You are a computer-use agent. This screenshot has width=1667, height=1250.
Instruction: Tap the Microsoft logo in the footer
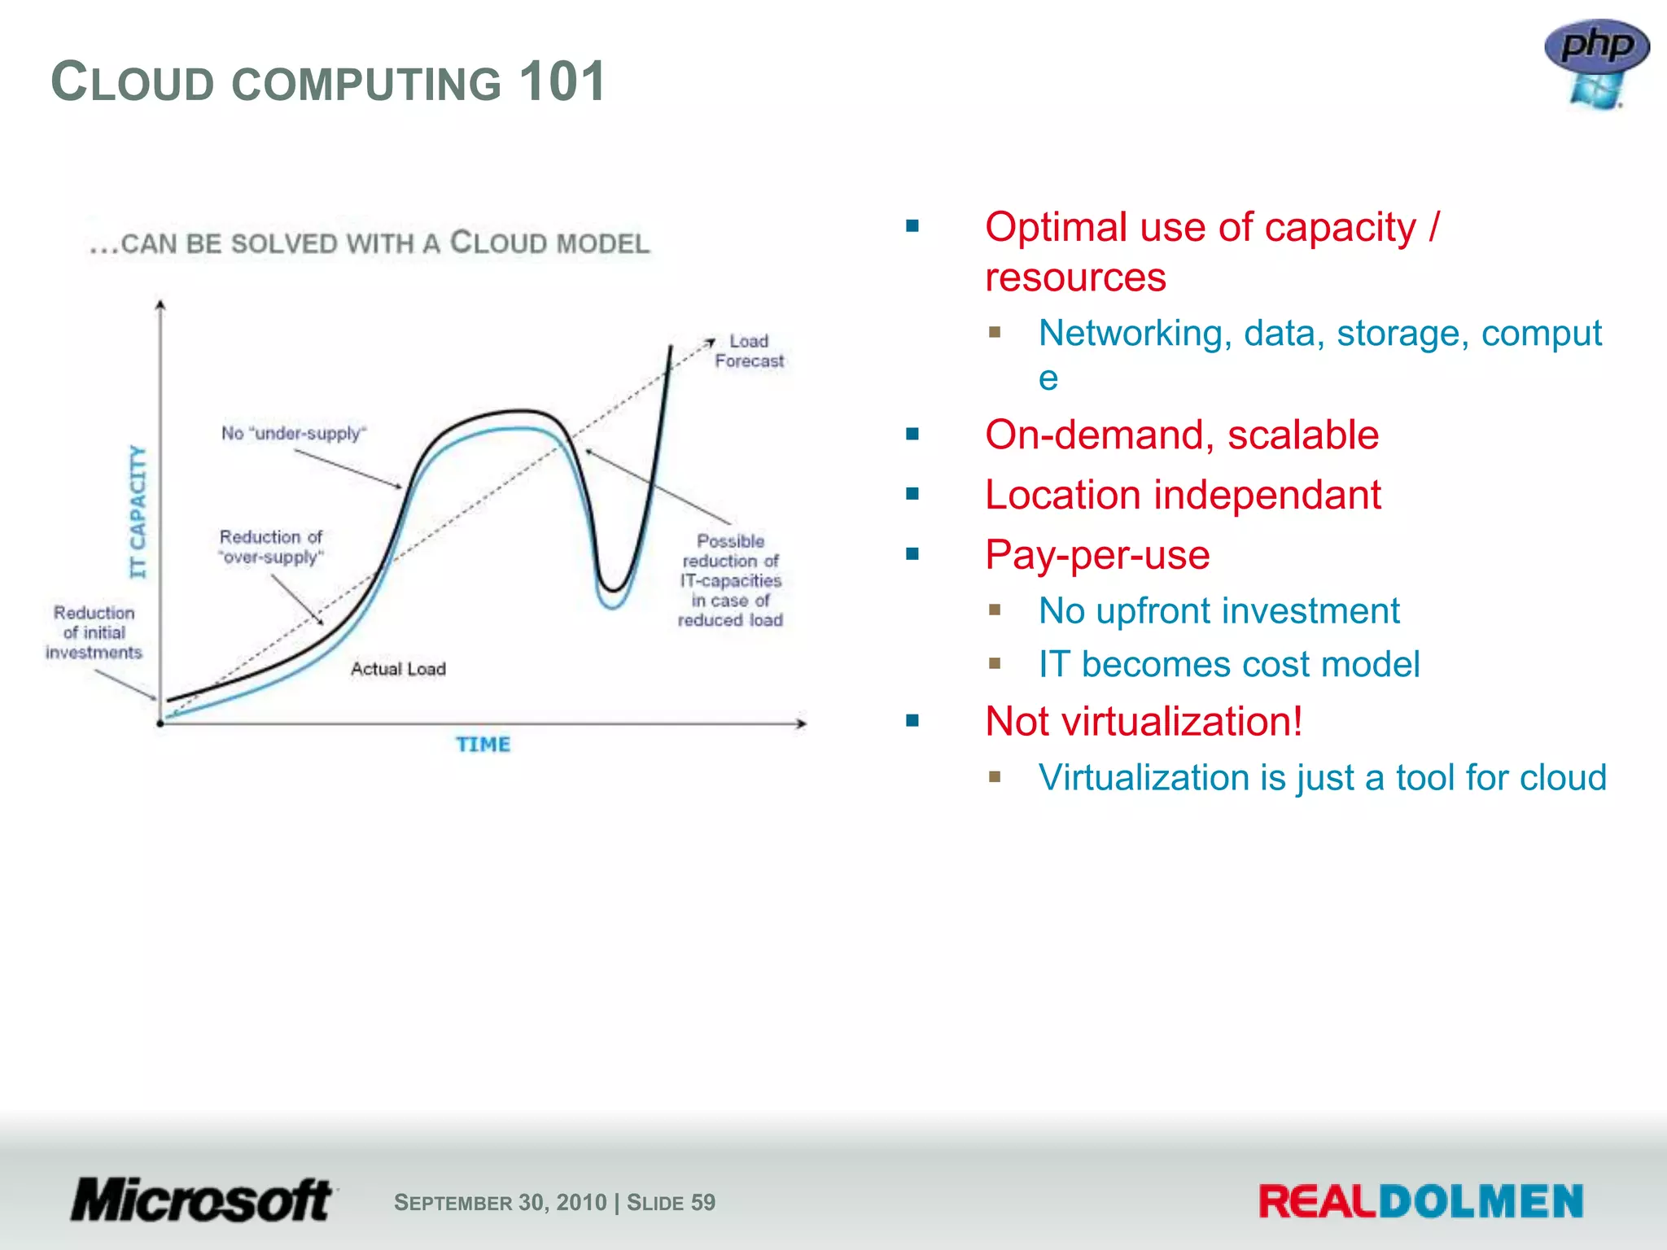[x=202, y=1200]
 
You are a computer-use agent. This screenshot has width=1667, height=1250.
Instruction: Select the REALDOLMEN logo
[x=1420, y=1201]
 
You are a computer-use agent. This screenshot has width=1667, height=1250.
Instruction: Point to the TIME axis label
[x=483, y=745]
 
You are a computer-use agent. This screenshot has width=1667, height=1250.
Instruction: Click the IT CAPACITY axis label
[x=138, y=511]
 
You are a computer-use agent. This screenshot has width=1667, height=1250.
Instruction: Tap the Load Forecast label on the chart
[x=749, y=352]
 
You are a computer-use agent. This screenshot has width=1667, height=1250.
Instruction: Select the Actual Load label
[x=398, y=669]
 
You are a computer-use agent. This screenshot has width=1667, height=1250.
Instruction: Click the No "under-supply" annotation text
[x=294, y=433]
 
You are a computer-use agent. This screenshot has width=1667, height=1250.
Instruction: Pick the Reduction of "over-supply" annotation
[x=271, y=547]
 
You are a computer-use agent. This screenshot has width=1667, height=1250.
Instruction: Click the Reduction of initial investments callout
[x=94, y=632]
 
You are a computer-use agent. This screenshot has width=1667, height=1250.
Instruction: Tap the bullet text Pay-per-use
[x=1096, y=555]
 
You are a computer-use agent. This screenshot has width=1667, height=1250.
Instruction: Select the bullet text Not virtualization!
[x=1143, y=721]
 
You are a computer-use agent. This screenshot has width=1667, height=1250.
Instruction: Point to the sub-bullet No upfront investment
[x=1219, y=610]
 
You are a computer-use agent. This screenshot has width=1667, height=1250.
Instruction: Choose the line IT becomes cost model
[x=1228, y=664]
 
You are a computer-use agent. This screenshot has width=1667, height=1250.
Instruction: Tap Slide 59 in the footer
[x=671, y=1202]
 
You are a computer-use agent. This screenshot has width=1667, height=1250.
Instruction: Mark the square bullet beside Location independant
[x=912, y=494]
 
